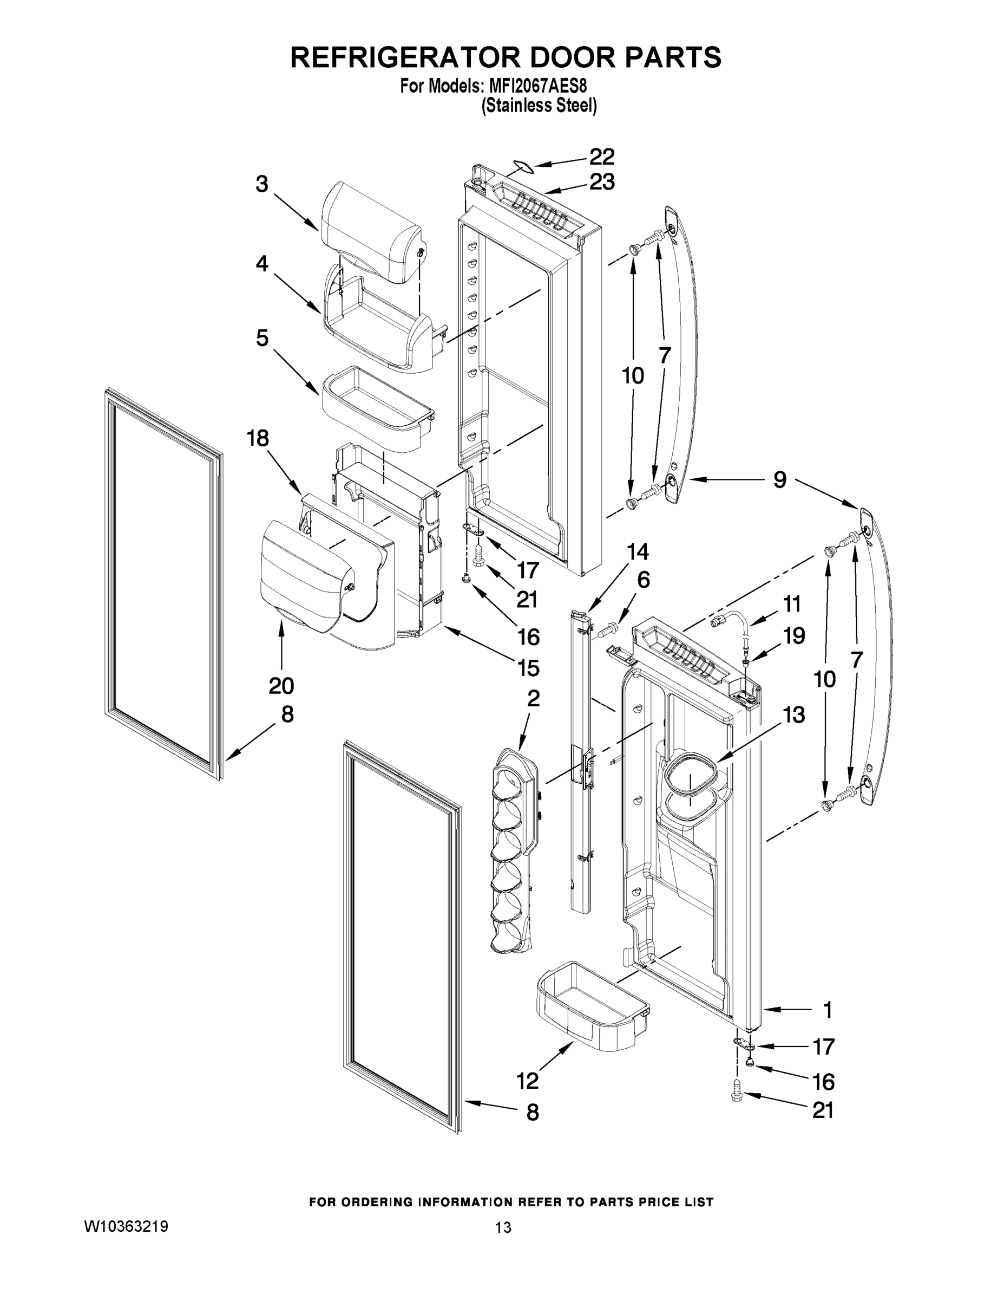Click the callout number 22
click(x=601, y=157)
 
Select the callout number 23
click(x=601, y=182)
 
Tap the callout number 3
click(x=262, y=184)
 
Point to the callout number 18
click(x=258, y=439)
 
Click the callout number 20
click(x=281, y=686)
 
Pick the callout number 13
click(x=794, y=714)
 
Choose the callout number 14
click(x=638, y=552)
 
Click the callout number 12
click(x=527, y=1081)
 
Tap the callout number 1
click(x=827, y=1010)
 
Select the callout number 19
click(x=794, y=636)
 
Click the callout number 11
click(x=792, y=604)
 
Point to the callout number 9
click(x=779, y=479)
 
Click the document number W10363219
click(x=126, y=1227)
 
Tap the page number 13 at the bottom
click(x=503, y=1227)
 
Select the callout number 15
click(x=528, y=668)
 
